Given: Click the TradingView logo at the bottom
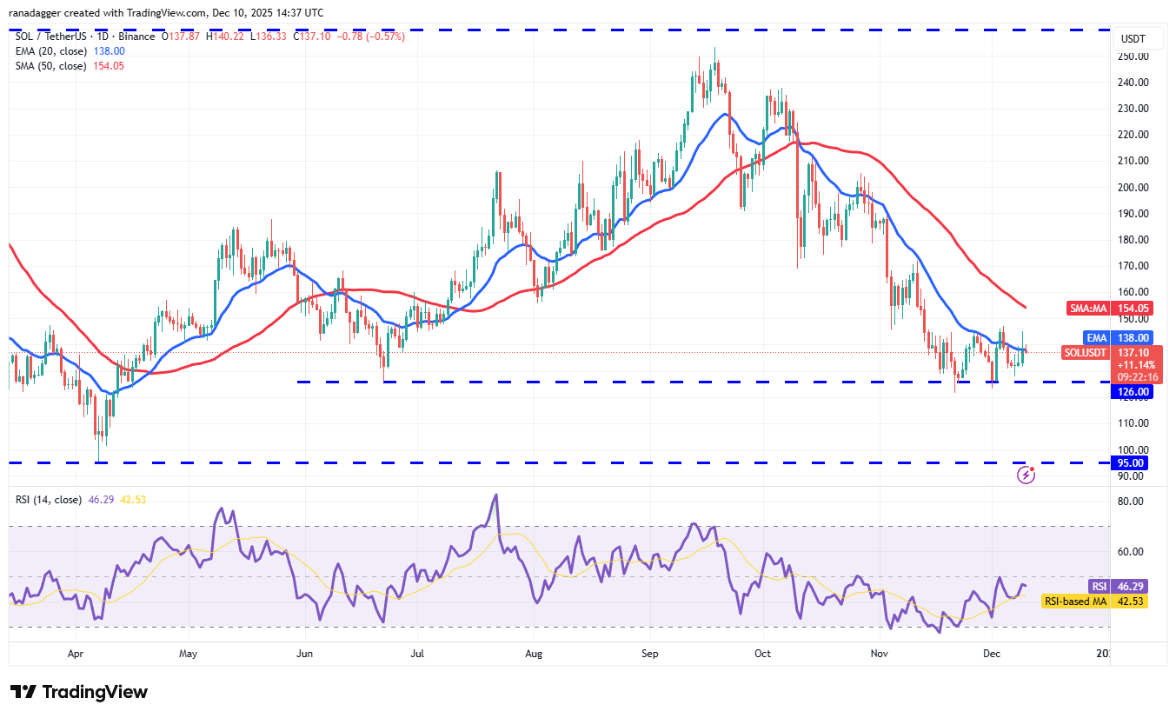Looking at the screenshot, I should coord(79,692).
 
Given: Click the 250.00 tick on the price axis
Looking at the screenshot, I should coord(1133,57).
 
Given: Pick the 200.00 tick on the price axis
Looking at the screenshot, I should coord(1133,187).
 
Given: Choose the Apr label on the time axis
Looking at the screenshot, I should coord(76,651).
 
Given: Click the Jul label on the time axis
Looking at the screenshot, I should coord(418,651).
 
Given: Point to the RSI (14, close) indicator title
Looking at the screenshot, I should coord(49,500).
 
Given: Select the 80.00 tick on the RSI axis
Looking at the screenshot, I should coord(1130,501).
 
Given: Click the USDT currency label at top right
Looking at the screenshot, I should coord(1132,39).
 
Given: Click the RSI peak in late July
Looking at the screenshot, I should coord(495,495).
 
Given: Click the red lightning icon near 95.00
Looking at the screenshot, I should coord(1027,475).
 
